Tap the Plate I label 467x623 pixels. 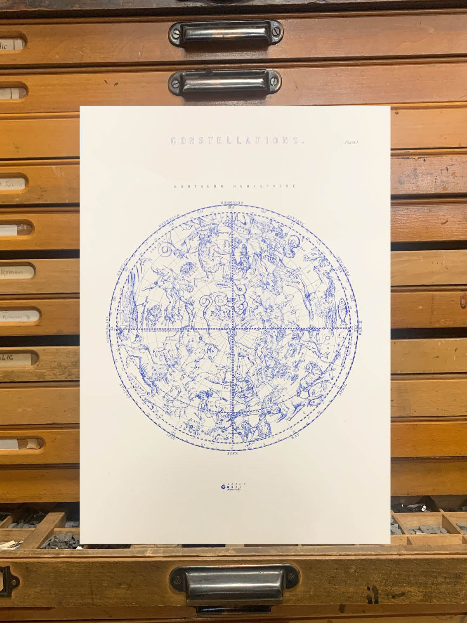click(x=352, y=142)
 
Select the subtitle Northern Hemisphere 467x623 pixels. click(x=235, y=187)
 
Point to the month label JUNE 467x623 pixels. click(x=233, y=452)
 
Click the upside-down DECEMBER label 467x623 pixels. click(x=232, y=203)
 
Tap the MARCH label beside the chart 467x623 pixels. click(x=359, y=329)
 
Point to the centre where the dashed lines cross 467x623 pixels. click(x=233, y=329)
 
